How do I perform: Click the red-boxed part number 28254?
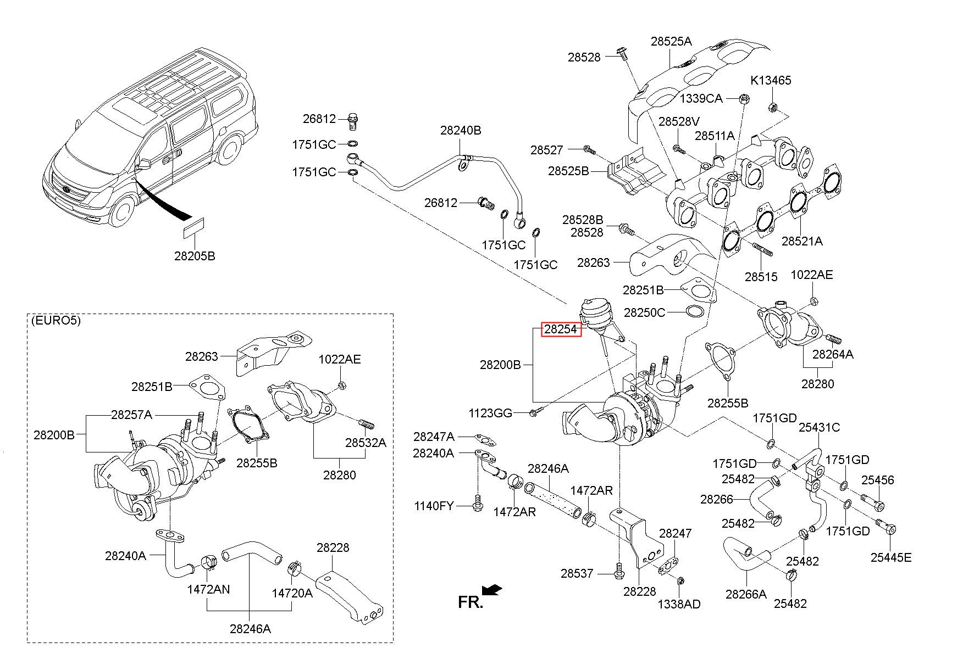(561, 329)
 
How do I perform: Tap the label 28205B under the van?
(195, 256)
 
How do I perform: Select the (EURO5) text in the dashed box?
(56, 321)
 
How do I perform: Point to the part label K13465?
(771, 80)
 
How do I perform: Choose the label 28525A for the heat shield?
(671, 41)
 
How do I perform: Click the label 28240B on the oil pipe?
(461, 130)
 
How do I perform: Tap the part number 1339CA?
(701, 98)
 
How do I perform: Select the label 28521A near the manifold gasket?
(802, 241)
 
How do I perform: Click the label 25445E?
(891, 557)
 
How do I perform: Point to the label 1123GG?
(490, 413)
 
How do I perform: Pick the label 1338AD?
(679, 604)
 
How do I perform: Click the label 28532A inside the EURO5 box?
(366, 442)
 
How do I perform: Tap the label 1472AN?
(208, 589)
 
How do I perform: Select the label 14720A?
(292, 593)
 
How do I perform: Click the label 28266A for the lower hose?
(746, 594)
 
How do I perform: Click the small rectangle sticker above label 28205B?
(193, 228)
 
